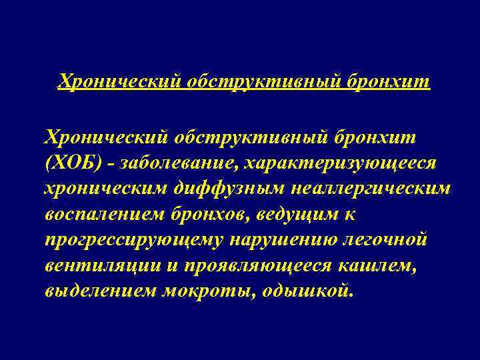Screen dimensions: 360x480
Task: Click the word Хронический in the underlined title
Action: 119,81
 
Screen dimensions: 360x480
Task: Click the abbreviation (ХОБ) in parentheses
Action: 69,163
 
